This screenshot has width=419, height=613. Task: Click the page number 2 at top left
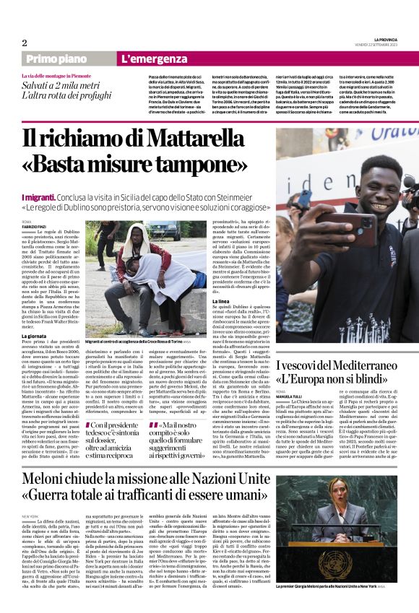(25, 43)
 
